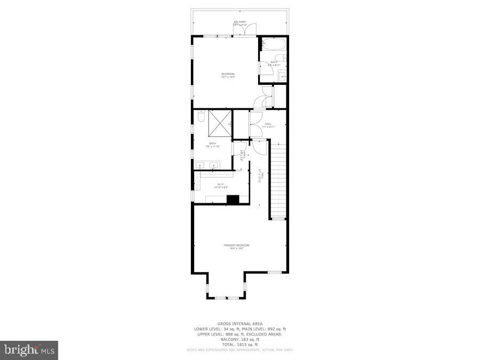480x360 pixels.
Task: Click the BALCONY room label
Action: pos(239,22)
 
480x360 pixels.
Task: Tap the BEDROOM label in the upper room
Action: pos(228,74)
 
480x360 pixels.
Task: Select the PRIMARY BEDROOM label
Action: pos(236,245)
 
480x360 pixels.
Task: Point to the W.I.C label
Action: pos(220,184)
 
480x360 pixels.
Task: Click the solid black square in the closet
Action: pos(233,199)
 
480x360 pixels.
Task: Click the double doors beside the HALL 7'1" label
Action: pos(255,124)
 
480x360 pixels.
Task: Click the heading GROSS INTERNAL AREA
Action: pos(239,324)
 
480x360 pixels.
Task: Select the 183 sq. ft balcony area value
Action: pos(249,339)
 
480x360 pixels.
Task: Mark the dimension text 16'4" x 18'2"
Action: pos(236,249)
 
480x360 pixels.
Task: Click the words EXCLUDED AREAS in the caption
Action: pos(268,334)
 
